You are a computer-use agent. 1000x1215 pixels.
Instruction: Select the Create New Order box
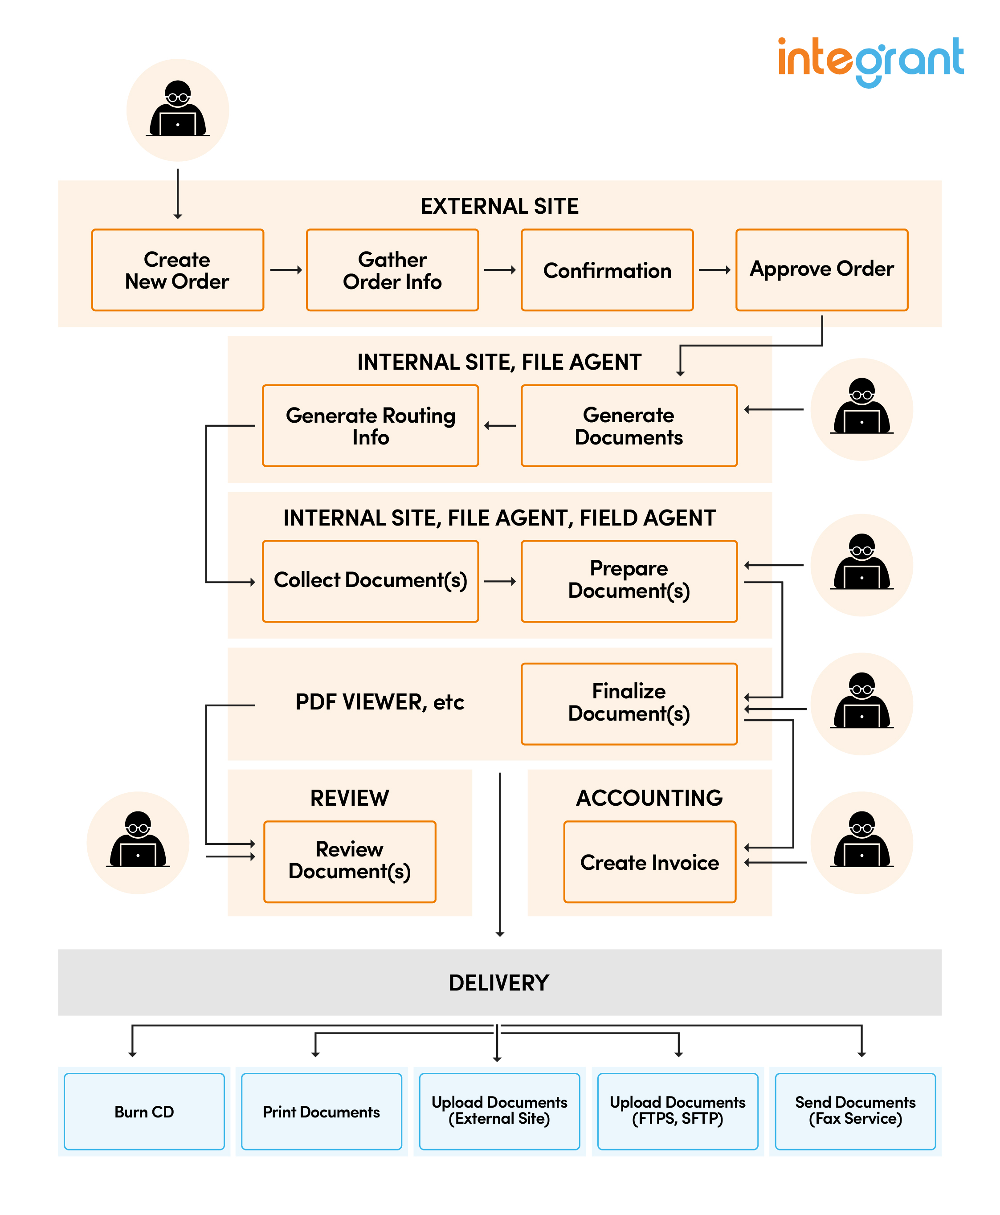pos(177,270)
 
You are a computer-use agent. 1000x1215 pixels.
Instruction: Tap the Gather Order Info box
pos(392,270)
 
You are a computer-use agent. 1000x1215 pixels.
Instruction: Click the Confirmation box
pos(607,270)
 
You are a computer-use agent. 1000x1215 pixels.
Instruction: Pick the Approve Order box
pos(821,269)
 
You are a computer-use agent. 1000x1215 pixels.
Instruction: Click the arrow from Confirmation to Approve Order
pos(714,269)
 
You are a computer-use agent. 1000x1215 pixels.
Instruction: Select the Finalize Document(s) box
pos(629,703)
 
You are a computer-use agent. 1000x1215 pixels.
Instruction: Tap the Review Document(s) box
pos(350,861)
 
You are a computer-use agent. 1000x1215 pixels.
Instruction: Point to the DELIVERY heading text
pos(499,983)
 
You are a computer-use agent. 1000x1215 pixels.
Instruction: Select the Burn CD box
pos(144,1111)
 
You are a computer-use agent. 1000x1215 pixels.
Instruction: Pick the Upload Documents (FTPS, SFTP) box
pos(678,1111)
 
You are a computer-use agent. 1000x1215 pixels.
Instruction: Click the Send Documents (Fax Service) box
pos(855,1111)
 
